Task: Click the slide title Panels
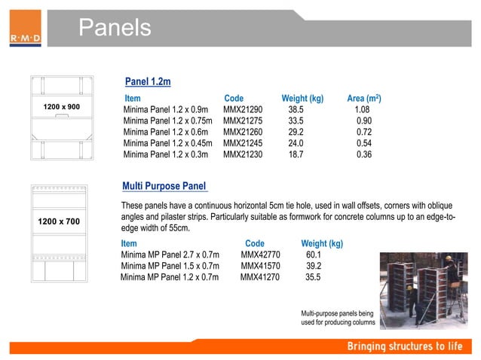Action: click(x=115, y=28)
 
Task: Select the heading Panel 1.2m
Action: click(x=148, y=81)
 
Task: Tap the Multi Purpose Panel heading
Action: click(x=164, y=186)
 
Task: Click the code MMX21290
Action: click(x=243, y=110)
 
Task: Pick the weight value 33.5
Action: click(x=296, y=121)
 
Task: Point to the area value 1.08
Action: click(x=362, y=110)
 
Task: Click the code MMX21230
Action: click(x=243, y=154)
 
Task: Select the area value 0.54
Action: click(x=364, y=143)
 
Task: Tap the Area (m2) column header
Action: click(x=363, y=99)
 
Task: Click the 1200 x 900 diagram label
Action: click(x=62, y=108)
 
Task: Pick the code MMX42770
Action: click(x=260, y=255)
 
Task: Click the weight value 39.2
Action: click(x=313, y=266)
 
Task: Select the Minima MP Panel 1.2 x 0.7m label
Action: click(x=170, y=277)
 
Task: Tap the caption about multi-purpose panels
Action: click(x=337, y=317)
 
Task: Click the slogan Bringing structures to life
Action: click(x=406, y=346)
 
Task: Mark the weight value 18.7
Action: click(x=296, y=154)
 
